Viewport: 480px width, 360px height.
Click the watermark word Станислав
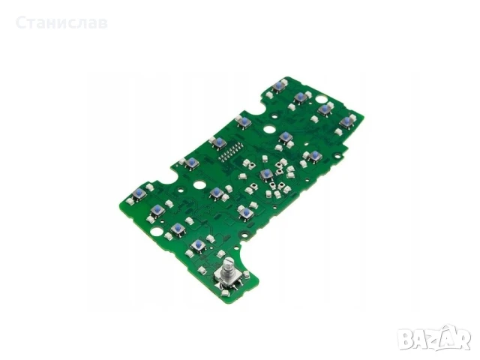(61, 23)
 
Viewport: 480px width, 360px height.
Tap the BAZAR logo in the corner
(435, 337)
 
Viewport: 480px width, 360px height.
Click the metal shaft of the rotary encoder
(228, 265)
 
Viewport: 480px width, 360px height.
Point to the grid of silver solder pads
(229, 152)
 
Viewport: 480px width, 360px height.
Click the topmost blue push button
(278, 85)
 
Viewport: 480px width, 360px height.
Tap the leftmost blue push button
(139, 193)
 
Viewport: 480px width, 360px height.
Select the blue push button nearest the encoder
(198, 244)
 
